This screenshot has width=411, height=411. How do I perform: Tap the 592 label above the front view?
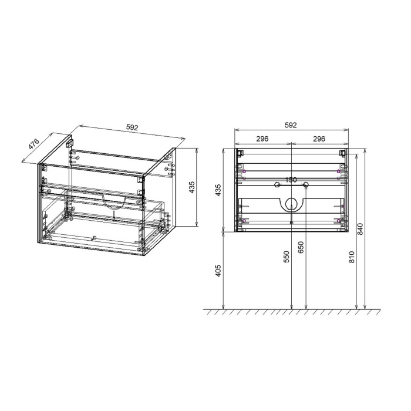(290, 125)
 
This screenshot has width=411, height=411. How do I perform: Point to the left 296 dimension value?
(262, 139)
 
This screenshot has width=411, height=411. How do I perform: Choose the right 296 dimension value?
(319, 139)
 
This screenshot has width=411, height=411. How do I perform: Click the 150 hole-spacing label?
(291, 180)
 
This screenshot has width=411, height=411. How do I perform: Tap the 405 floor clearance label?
(219, 271)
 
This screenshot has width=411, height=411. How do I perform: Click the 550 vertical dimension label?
(287, 258)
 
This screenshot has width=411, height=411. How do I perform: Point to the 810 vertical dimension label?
(352, 258)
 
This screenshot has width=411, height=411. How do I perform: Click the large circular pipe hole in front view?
(291, 204)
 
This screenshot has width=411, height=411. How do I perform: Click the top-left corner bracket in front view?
(241, 153)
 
